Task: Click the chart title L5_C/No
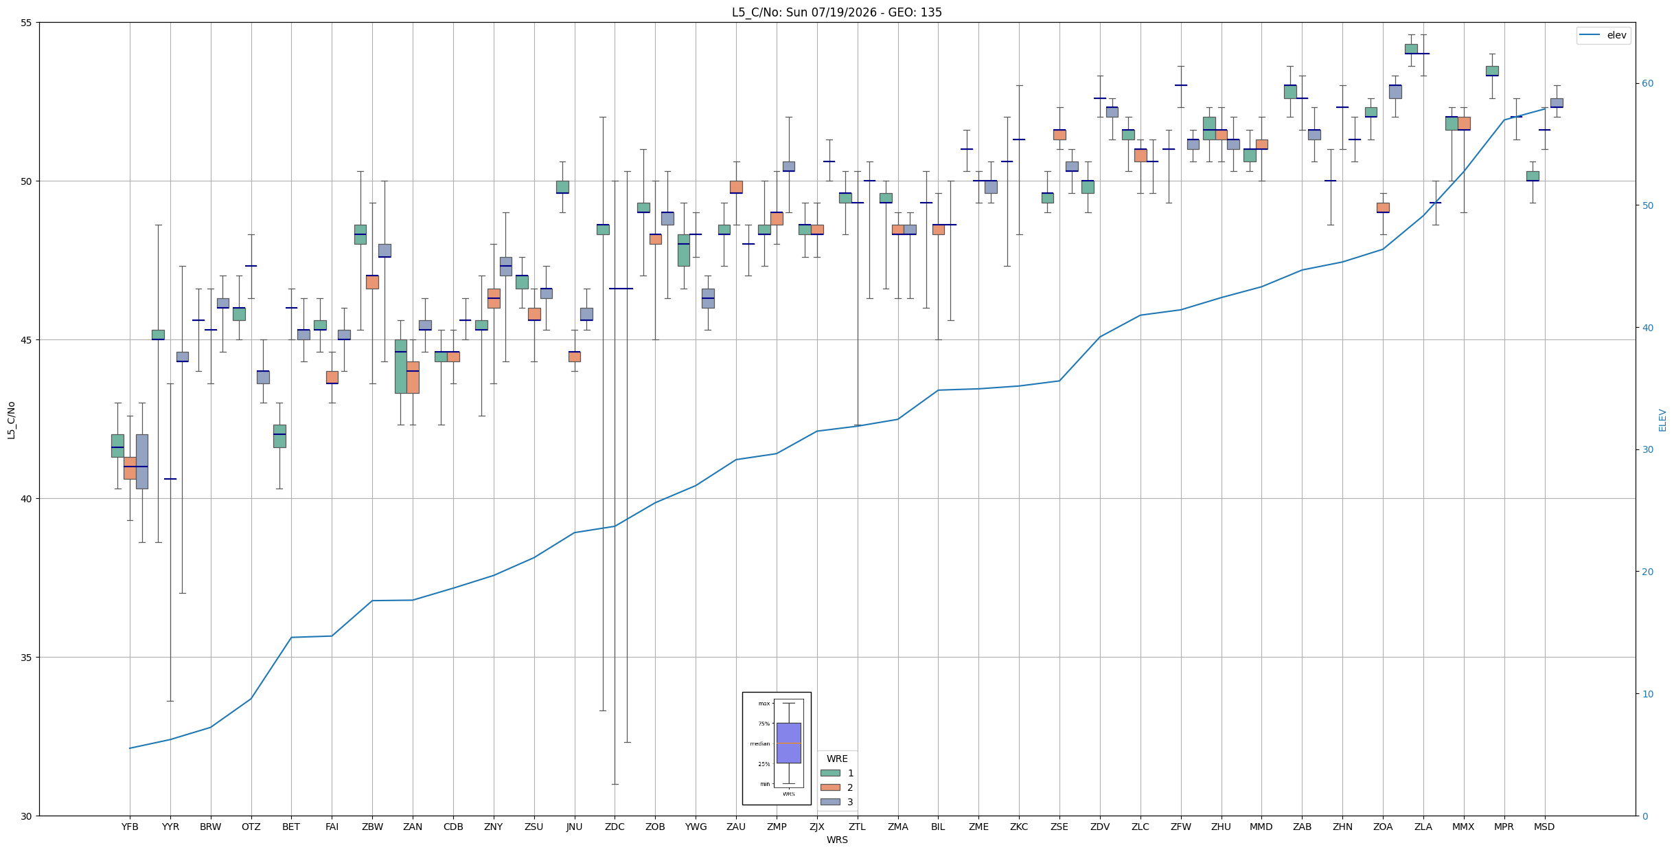836,12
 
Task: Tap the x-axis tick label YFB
130,827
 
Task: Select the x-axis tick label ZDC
615,827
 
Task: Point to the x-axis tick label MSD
1544,827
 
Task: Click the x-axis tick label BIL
938,827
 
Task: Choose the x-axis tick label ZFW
1181,827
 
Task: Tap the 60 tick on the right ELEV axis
1647,84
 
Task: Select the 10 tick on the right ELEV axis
1647,694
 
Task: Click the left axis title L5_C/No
11,420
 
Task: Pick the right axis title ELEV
1662,420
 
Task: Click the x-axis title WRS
837,840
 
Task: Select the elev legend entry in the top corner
1603,35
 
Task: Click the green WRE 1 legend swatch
830,773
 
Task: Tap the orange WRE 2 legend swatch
830,787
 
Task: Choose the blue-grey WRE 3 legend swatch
830,802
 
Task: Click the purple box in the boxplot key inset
788,743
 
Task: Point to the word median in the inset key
760,743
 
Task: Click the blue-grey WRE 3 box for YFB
142,461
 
